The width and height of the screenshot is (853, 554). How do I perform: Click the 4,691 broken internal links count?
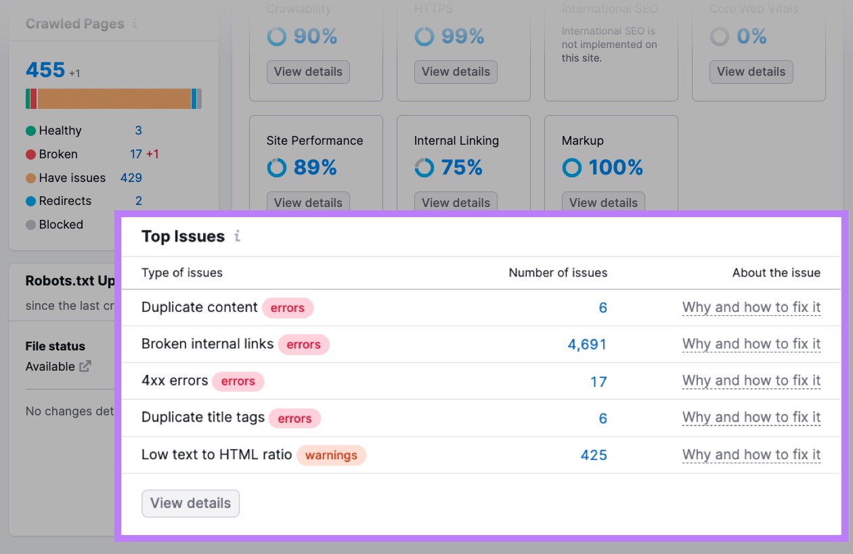[587, 344]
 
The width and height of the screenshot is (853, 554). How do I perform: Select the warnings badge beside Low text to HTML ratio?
[331, 455]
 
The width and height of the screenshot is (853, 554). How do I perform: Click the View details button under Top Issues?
[190, 503]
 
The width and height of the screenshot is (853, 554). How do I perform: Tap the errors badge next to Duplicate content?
[288, 308]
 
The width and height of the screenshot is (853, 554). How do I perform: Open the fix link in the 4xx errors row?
[751, 381]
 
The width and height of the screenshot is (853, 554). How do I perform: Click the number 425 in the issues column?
[594, 455]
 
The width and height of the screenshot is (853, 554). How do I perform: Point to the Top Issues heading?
[183, 236]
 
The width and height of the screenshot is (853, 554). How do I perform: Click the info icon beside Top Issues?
[237, 236]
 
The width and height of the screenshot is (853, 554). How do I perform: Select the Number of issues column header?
[558, 273]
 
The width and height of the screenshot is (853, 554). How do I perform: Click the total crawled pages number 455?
[45, 70]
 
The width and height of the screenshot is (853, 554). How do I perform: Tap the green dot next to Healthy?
[30, 131]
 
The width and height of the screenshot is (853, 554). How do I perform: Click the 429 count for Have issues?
[131, 178]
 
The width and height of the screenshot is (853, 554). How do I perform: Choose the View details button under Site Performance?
[308, 202]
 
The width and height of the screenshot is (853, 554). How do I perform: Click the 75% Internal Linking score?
[462, 167]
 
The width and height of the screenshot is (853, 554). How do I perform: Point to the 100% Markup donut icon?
[572, 167]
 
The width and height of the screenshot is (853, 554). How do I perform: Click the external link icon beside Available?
[85, 366]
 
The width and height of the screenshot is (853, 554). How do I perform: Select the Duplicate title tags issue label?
[203, 417]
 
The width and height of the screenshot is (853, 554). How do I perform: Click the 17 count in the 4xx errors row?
[598, 382]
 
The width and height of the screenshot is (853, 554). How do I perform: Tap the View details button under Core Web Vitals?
[751, 72]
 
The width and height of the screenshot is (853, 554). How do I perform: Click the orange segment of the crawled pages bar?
[114, 99]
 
